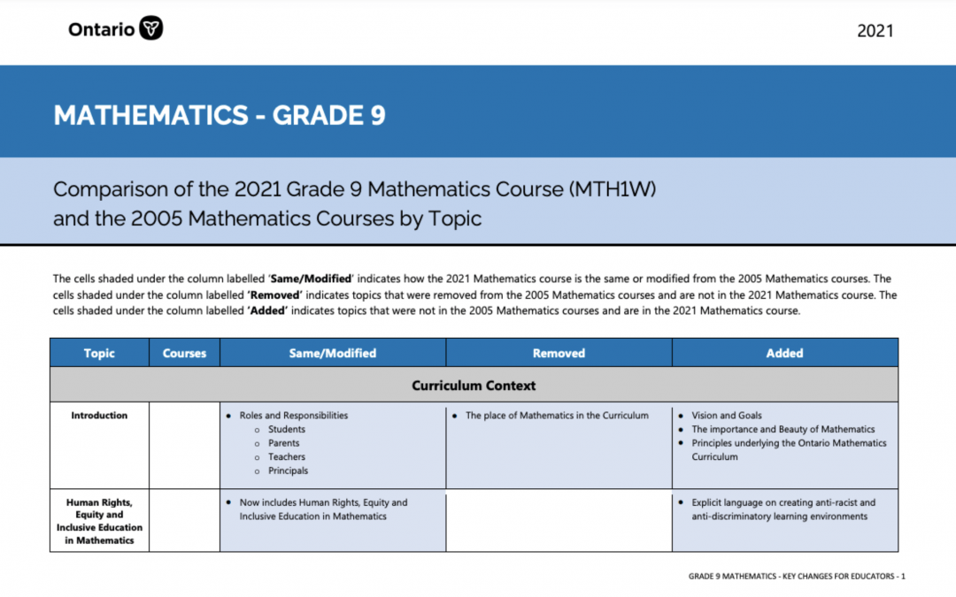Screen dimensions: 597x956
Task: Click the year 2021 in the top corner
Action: (875, 31)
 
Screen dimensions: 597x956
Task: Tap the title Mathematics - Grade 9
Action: (220, 116)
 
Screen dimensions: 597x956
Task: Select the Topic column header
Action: (99, 353)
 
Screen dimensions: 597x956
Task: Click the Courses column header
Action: (184, 353)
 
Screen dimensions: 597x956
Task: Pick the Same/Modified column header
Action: (333, 353)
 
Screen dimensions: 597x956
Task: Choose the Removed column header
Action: (559, 353)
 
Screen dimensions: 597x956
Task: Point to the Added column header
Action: (784, 353)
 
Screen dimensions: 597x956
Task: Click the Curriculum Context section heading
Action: (474, 386)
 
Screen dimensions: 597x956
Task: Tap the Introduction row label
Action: (99, 416)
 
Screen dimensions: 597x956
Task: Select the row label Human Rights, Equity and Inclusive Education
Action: (99, 522)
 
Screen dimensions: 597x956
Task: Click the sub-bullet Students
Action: (286, 430)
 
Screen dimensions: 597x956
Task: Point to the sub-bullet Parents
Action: (283, 443)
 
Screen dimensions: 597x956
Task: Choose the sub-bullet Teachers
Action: (286, 457)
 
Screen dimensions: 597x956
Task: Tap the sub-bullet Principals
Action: (288, 471)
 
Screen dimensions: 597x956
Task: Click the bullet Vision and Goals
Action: (727, 416)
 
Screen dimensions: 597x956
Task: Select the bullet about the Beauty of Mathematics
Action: (783, 429)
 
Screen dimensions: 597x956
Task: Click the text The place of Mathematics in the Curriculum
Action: (557, 416)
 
